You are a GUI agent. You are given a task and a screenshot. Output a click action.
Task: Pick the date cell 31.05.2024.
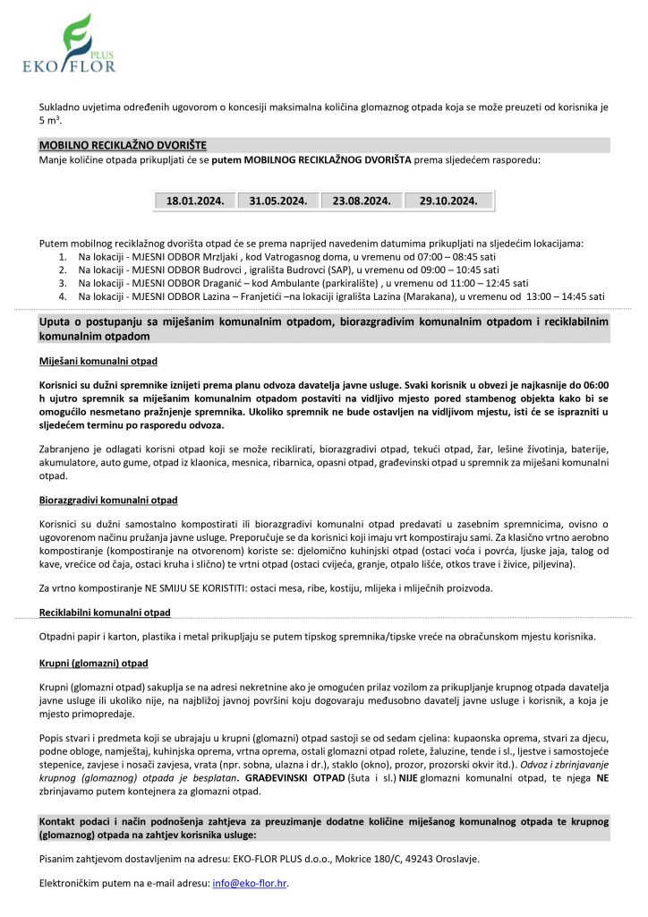click(x=277, y=201)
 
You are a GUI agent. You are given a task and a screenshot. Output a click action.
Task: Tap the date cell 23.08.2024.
click(x=362, y=201)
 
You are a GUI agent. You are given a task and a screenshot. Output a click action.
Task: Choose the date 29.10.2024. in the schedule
click(x=448, y=201)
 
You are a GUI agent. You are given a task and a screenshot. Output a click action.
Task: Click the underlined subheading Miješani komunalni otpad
click(x=98, y=361)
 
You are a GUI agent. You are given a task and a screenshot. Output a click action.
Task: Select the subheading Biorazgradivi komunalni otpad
click(x=108, y=499)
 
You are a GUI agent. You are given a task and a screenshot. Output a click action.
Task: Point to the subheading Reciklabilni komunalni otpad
click(x=105, y=613)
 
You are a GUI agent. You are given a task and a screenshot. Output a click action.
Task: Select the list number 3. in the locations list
click(x=63, y=282)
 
